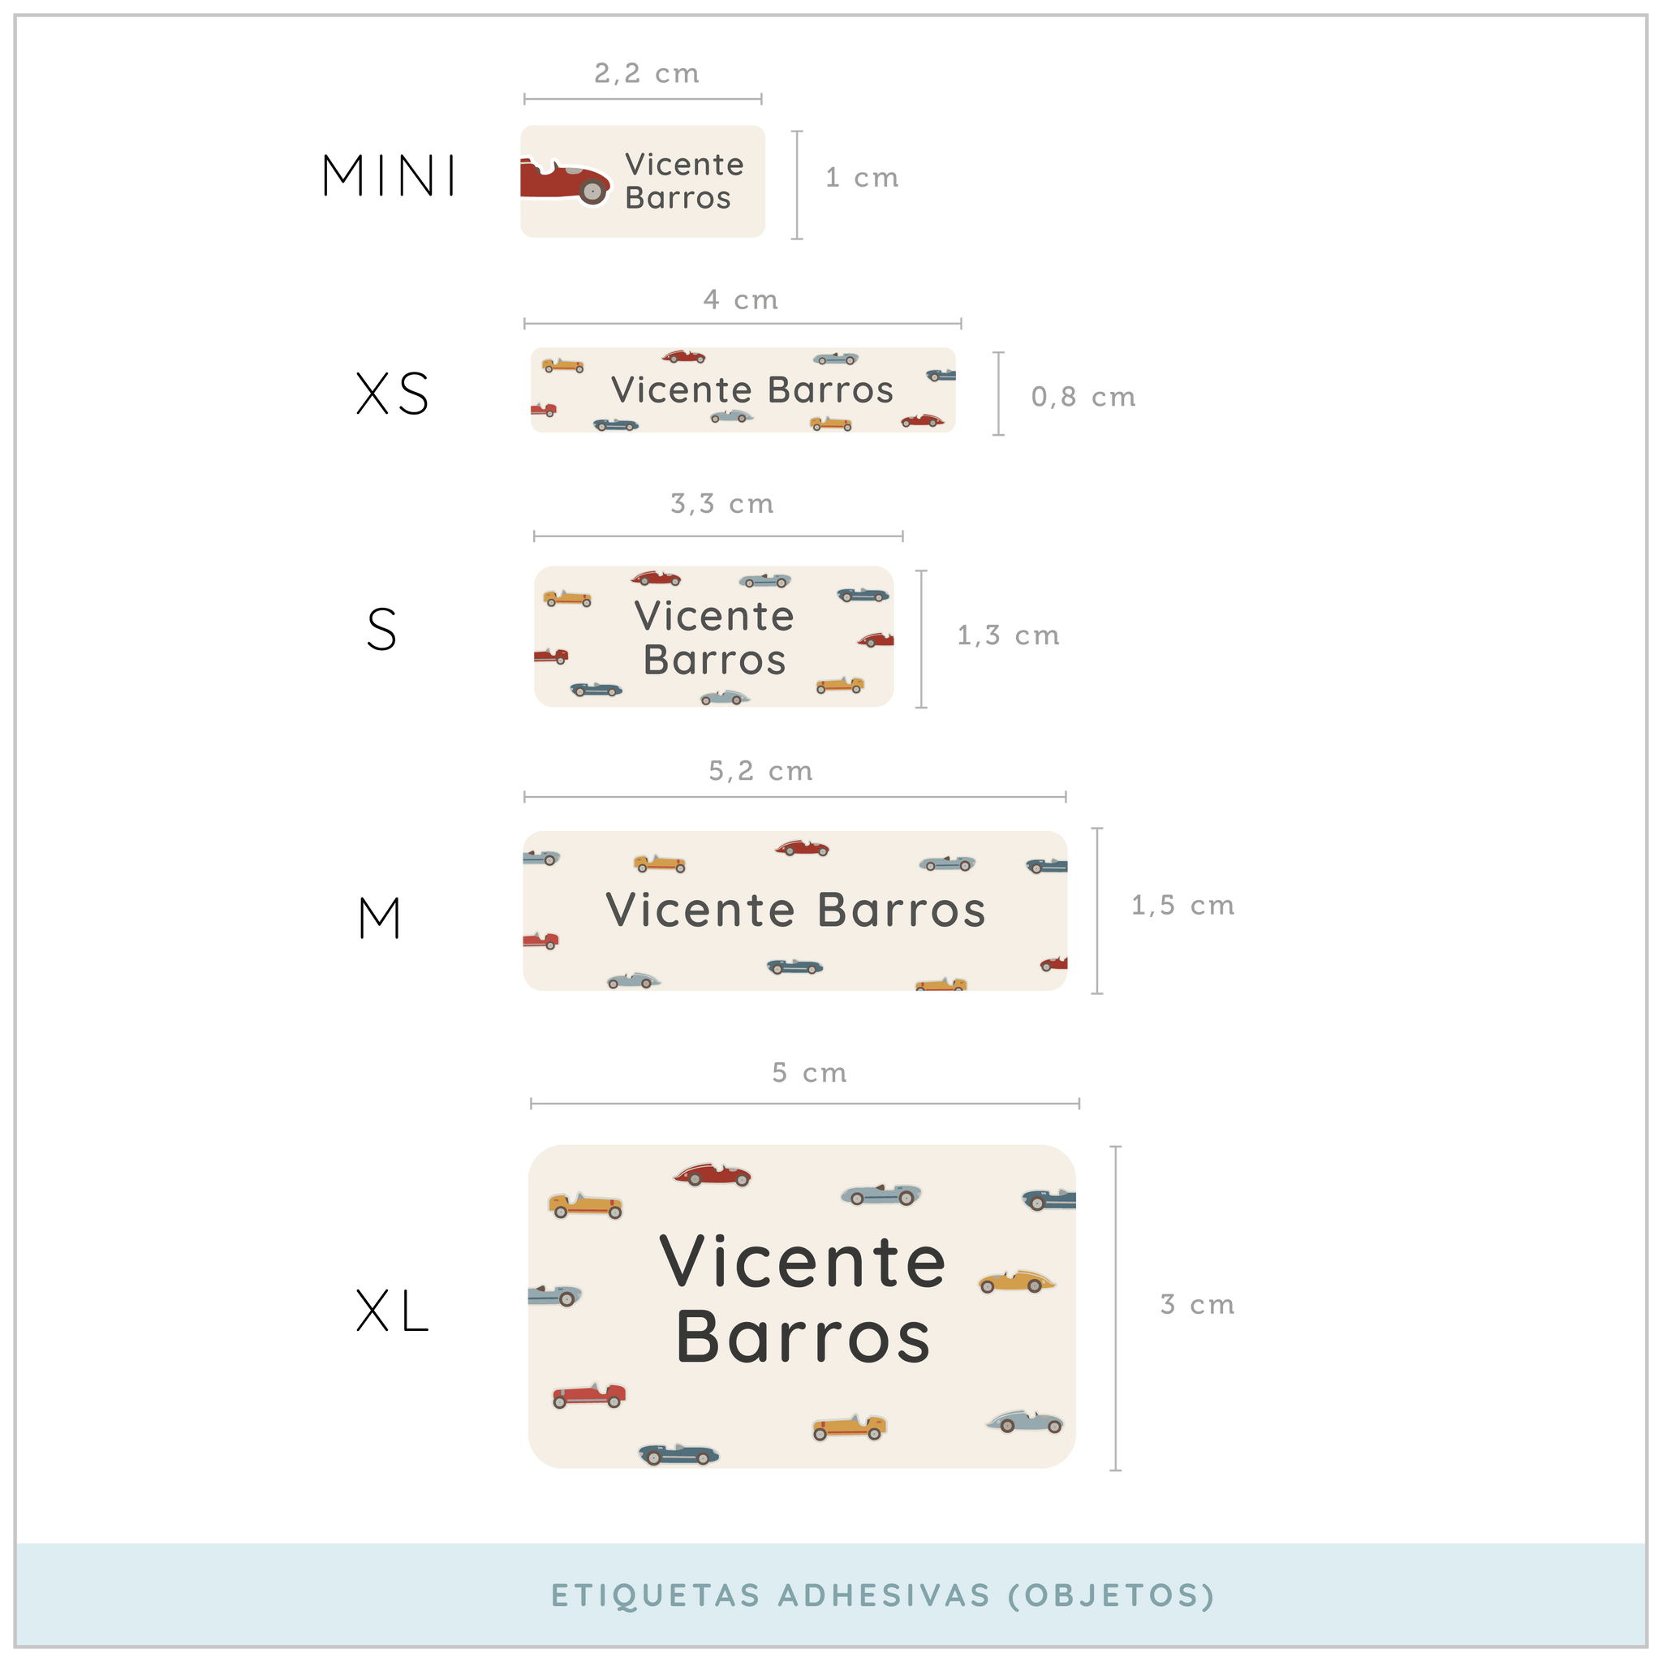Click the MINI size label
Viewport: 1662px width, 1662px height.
point(390,175)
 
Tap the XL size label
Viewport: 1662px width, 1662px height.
point(392,1312)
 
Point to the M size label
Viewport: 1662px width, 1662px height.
point(379,918)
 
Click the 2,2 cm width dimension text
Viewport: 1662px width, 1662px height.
point(647,73)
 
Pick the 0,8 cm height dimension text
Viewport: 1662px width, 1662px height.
point(1084,397)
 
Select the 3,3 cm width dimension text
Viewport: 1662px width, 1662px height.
point(722,503)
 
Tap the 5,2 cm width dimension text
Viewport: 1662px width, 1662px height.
point(760,771)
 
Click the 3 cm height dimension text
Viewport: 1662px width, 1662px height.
point(1198,1304)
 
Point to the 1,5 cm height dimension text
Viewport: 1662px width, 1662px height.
point(1183,905)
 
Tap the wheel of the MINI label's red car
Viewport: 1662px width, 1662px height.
point(592,191)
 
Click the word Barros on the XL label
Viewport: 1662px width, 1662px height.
point(803,1338)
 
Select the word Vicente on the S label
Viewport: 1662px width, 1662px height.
point(714,616)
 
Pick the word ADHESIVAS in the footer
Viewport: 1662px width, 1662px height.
point(885,1595)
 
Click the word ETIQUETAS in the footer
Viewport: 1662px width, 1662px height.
point(656,1595)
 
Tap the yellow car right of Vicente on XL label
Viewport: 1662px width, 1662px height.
point(1017,1281)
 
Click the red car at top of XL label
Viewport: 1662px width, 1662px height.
point(713,1174)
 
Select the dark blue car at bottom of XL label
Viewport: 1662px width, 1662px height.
point(678,1453)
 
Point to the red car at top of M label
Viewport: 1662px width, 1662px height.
point(803,848)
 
